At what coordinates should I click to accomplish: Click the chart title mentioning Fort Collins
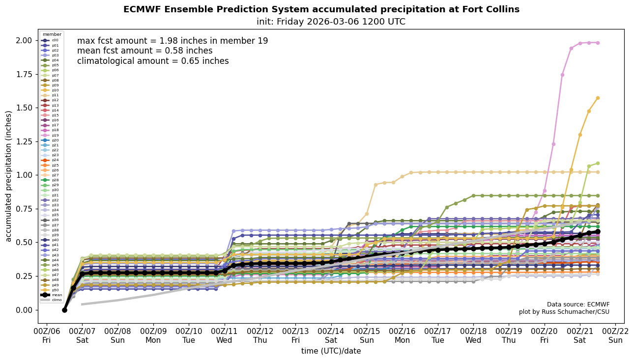pyautogui.click(x=321, y=9)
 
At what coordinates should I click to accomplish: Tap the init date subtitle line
pyautogui.click(x=331, y=22)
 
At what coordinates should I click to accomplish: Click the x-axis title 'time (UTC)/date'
pyautogui.click(x=331, y=351)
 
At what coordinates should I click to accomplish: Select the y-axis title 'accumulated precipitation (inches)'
pyautogui.click(x=8, y=176)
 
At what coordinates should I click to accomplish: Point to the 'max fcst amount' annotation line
pyautogui.click(x=173, y=41)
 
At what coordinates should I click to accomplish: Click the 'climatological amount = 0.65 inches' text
pyautogui.click(x=153, y=61)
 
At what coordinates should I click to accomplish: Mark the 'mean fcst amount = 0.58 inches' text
pyautogui.click(x=145, y=51)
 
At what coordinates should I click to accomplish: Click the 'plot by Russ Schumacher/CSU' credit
pyautogui.click(x=564, y=312)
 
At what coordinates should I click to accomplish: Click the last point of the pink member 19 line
pyautogui.click(x=598, y=43)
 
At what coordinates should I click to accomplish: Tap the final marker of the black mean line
pyautogui.click(x=598, y=231)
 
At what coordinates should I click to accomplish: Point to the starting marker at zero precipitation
pyautogui.click(x=64, y=310)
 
